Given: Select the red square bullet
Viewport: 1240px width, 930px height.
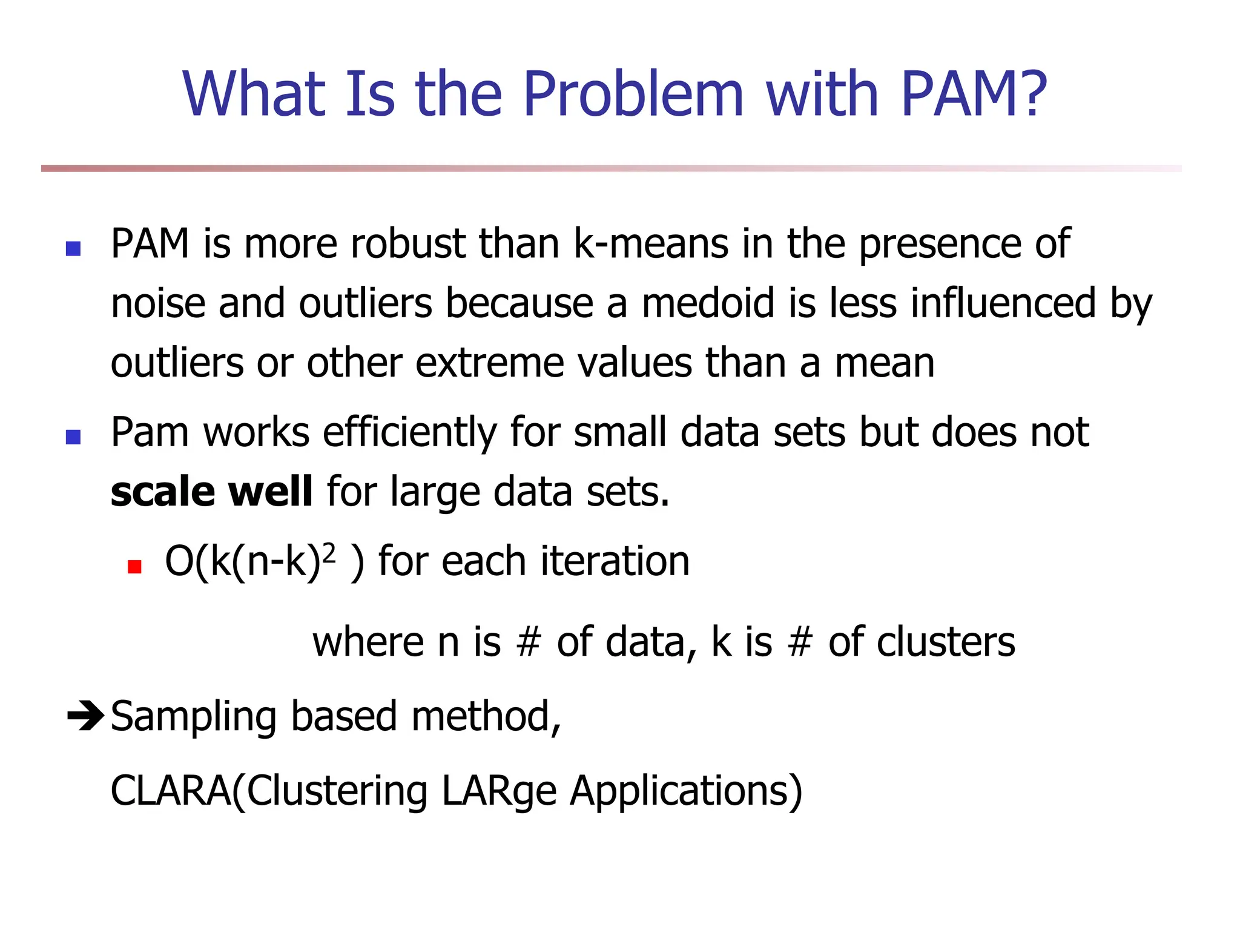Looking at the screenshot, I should (x=134, y=567).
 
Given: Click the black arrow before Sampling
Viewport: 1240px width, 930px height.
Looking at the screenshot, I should (x=85, y=716).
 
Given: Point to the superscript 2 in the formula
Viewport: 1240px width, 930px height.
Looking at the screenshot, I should (x=328, y=552).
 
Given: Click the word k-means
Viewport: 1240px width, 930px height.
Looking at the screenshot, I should (x=650, y=244).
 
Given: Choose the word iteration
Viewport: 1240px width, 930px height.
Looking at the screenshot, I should (x=615, y=561).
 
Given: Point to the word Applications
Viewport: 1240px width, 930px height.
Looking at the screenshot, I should (x=685, y=791).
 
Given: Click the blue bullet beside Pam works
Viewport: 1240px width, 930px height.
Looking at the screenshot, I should (x=73, y=437).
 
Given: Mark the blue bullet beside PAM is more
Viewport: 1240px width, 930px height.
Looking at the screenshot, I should (x=73, y=249).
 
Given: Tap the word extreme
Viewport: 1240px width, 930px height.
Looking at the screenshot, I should (x=489, y=363).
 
